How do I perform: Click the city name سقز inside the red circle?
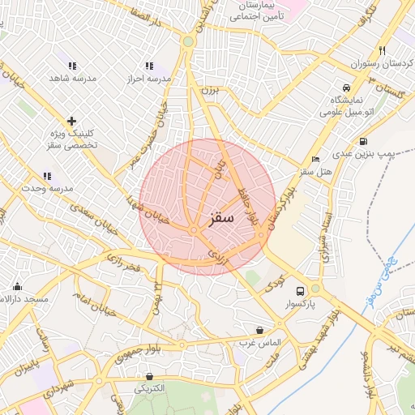coord(220,219)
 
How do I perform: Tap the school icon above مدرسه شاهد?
coord(72,66)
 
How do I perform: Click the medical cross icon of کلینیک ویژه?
coord(72,121)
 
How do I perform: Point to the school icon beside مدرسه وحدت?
coord(47,176)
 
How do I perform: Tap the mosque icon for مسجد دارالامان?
coord(17,286)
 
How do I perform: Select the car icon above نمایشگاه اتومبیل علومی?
coord(346,87)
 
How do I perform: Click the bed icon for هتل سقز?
coord(315,159)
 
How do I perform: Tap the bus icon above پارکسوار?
coord(301,290)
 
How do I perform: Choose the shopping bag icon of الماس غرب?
coord(259,330)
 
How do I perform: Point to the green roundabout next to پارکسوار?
coord(315,288)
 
